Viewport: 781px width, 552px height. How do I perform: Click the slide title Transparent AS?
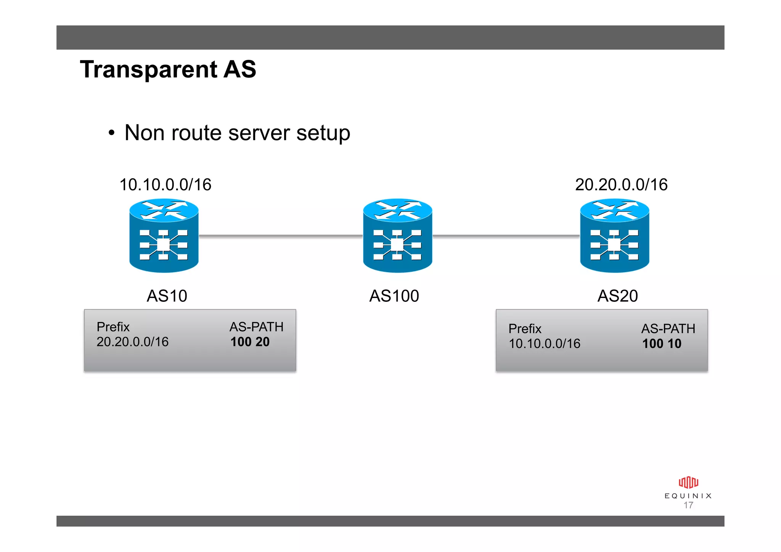pyautogui.click(x=168, y=69)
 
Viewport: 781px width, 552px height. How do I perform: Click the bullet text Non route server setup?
pyautogui.click(x=237, y=133)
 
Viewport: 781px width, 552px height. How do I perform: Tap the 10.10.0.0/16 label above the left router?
pyautogui.click(x=165, y=185)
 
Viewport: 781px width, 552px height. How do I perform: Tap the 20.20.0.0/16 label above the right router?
pyautogui.click(x=621, y=185)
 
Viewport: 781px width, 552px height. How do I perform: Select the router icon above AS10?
pyautogui.click(x=164, y=235)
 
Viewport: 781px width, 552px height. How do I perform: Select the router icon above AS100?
pyautogui.click(x=397, y=235)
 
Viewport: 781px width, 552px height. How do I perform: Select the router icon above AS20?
pyautogui.click(x=614, y=235)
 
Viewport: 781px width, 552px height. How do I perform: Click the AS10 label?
pyautogui.click(x=167, y=296)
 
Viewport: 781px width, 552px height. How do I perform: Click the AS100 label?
pyautogui.click(x=394, y=296)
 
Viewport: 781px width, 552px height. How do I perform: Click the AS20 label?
pyautogui.click(x=617, y=296)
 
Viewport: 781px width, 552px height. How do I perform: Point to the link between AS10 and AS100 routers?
pyautogui.click(x=281, y=236)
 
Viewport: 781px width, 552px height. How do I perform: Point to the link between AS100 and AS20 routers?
pyautogui.click(x=506, y=236)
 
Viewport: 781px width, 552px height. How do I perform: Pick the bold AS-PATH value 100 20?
pyautogui.click(x=250, y=342)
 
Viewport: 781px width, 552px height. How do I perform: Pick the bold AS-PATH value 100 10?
pyautogui.click(x=662, y=344)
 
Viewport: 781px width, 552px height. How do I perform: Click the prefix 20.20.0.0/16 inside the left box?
pyautogui.click(x=132, y=342)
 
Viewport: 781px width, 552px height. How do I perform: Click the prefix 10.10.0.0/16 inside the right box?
pyautogui.click(x=544, y=344)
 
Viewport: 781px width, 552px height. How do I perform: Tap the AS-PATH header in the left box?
pyautogui.click(x=256, y=327)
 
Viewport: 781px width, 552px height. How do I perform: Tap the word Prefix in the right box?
pyautogui.click(x=525, y=329)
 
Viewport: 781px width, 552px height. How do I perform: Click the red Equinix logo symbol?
pyautogui.click(x=688, y=483)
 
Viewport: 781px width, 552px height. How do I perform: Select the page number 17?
pyautogui.click(x=688, y=505)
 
